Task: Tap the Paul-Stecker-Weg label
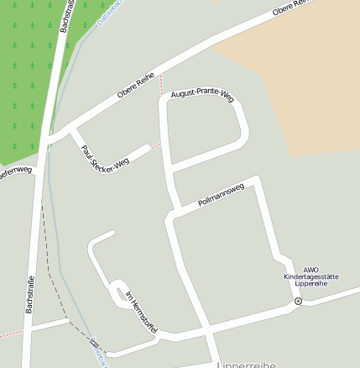104,155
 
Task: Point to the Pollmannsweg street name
221,195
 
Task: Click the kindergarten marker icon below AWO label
298,301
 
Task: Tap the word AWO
311,270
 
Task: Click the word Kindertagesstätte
310,276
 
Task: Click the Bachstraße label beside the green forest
65,17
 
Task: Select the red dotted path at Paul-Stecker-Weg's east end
156,145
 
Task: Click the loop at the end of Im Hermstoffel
118,287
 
